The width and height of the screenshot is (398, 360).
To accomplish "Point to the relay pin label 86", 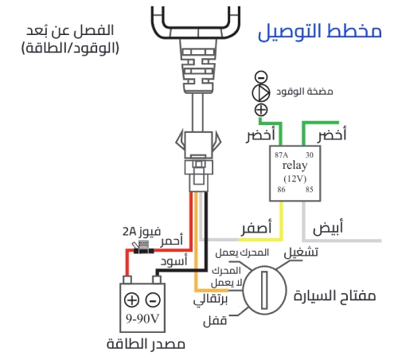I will click(281, 190).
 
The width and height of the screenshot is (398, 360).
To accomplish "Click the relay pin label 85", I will click(309, 190).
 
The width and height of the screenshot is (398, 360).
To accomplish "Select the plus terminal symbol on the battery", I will click(133, 301).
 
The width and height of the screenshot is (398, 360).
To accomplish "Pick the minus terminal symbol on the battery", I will click(154, 301).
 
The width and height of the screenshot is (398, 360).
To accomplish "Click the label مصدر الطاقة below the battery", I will click(143, 345).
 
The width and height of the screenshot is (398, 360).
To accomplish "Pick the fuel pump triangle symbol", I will click(260, 92).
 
